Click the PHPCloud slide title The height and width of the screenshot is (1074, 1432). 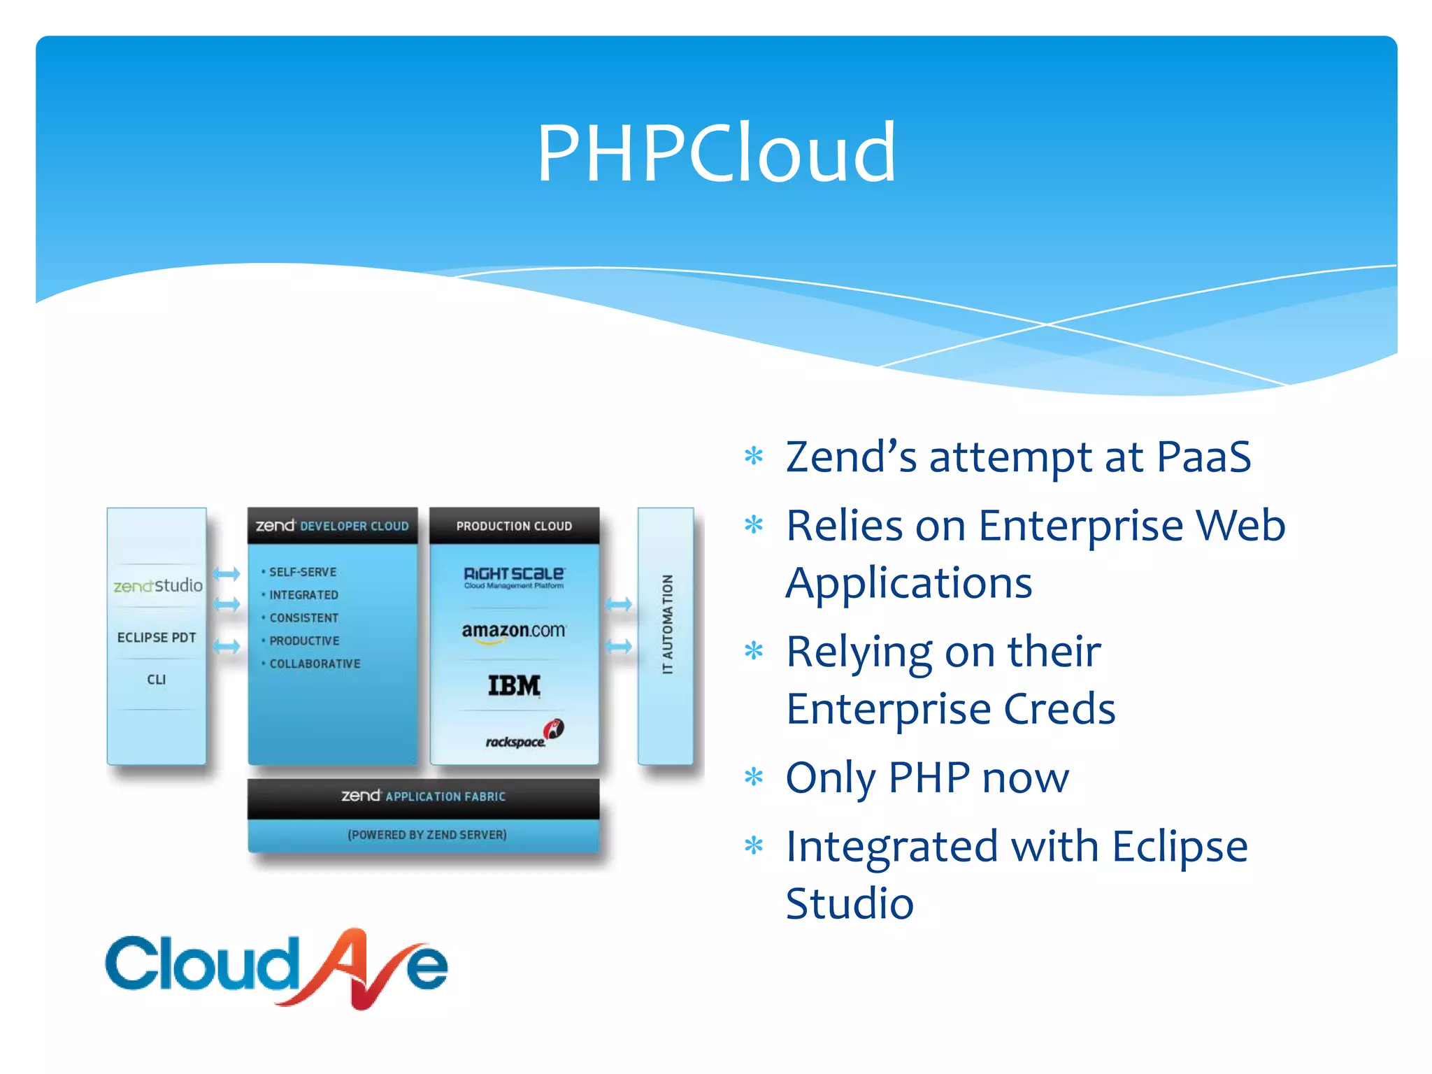coord(716,152)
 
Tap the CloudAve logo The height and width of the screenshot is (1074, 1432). coord(276,968)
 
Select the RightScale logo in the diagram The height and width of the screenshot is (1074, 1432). coord(514,577)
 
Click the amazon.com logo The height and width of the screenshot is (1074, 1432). coord(514,631)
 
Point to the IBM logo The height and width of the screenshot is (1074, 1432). coord(514,685)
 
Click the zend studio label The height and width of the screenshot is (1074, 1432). coord(158,585)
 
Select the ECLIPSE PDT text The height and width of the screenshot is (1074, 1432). coord(157,638)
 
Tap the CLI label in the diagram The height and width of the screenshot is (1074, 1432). coord(157,680)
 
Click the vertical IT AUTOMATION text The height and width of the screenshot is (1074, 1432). coord(668,624)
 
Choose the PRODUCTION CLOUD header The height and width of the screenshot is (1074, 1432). coord(514,526)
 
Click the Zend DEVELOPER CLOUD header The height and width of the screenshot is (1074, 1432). coord(333,526)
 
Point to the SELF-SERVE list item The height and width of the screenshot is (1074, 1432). coord(303,572)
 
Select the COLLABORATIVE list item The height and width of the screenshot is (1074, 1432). coord(315,664)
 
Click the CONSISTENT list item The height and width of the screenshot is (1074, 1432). coord(304,618)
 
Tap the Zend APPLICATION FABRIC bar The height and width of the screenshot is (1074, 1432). coord(423,796)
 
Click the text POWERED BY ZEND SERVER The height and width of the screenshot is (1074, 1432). coord(427,835)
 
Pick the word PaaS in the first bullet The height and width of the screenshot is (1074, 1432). coord(1203,457)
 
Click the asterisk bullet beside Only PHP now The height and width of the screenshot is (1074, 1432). coord(754,777)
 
